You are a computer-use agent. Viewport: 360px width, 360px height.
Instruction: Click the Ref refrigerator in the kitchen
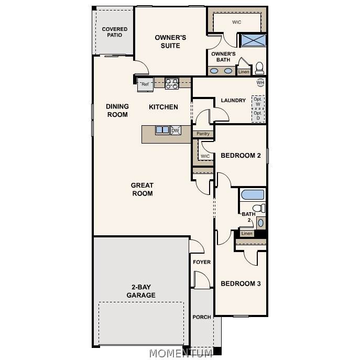tap(145, 84)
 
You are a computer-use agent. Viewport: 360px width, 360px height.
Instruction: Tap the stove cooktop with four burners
tap(172, 83)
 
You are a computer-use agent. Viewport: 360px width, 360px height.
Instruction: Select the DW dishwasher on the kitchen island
tap(176, 130)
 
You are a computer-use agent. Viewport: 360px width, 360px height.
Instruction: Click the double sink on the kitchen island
tap(162, 130)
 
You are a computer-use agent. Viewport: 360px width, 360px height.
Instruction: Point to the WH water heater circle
tap(260, 82)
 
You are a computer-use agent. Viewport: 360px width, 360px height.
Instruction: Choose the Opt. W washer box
tap(258, 102)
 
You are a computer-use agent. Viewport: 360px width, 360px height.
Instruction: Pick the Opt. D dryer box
tap(258, 115)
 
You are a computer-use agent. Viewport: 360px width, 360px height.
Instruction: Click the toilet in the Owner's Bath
tap(260, 68)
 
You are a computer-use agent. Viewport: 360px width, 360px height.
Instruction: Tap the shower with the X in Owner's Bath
tap(253, 40)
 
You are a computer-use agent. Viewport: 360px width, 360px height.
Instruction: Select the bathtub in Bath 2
tap(253, 195)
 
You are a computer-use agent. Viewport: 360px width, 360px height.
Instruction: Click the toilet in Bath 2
tap(259, 208)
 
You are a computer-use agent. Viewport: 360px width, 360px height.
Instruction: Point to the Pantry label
tap(203, 134)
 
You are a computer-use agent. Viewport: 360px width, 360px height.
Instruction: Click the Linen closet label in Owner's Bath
tap(244, 72)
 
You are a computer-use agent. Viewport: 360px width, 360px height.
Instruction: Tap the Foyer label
tap(202, 262)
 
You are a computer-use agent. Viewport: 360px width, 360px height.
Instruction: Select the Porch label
tap(202, 317)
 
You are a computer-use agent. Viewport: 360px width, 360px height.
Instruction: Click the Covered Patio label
tap(115, 32)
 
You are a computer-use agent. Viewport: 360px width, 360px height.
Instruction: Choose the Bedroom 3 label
tap(241, 283)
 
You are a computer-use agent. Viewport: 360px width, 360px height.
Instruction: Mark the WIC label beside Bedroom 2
tap(205, 156)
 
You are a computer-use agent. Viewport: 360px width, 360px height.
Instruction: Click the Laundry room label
tap(233, 100)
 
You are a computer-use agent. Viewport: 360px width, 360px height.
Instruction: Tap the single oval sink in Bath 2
tap(261, 223)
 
